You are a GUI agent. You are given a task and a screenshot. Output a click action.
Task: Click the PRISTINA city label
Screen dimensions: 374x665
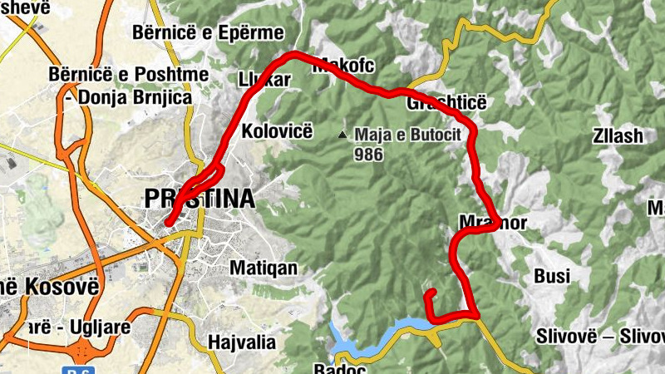pyautogui.click(x=199, y=199)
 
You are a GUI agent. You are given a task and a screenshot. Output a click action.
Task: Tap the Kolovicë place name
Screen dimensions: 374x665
pyautogui.click(x=276, y=131)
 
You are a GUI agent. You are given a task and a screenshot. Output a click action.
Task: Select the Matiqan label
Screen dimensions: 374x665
pyautogui.click(x=263, y=268)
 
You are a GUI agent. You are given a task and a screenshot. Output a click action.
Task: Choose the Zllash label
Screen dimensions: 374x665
pyautogui.click(x=618, y=136)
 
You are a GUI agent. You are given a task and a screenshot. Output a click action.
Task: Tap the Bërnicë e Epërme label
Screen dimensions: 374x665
pyautogui.click(x=208, y=33)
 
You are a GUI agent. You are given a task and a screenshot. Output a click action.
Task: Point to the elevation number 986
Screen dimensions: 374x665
pyautogui.click(x=367, y=154)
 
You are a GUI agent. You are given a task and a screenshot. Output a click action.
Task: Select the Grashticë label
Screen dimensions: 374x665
pyautogui.click(x=446, y=103)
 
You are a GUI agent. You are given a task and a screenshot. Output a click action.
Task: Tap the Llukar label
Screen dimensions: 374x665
pyautogui.click(x=264, y=81)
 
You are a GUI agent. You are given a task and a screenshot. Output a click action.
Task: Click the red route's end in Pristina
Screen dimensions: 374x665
pyautogui.click(x=168, y=222)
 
